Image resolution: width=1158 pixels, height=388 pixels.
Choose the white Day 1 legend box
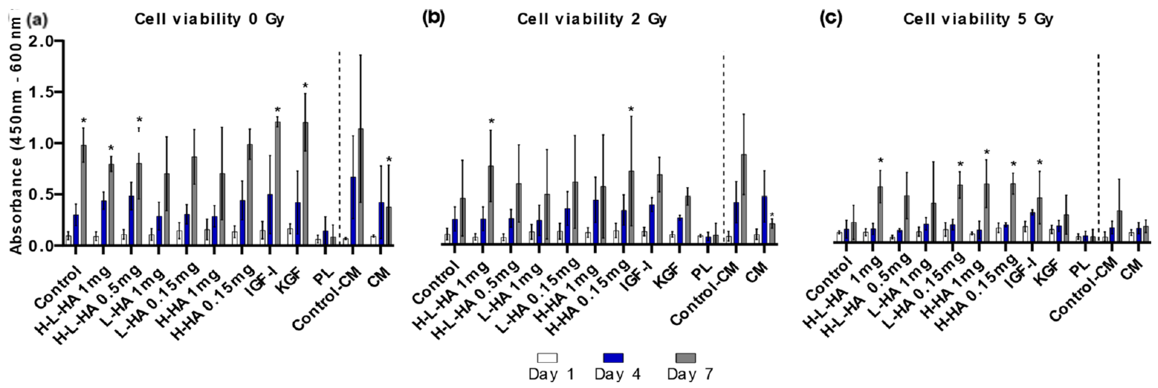pyautogui.click(x=547, y=358)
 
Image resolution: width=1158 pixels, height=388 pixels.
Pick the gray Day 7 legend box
pyautogui.click(x=686, y=358)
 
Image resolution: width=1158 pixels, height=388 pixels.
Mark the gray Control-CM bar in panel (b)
pyautogui.click(x=744, y=199)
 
